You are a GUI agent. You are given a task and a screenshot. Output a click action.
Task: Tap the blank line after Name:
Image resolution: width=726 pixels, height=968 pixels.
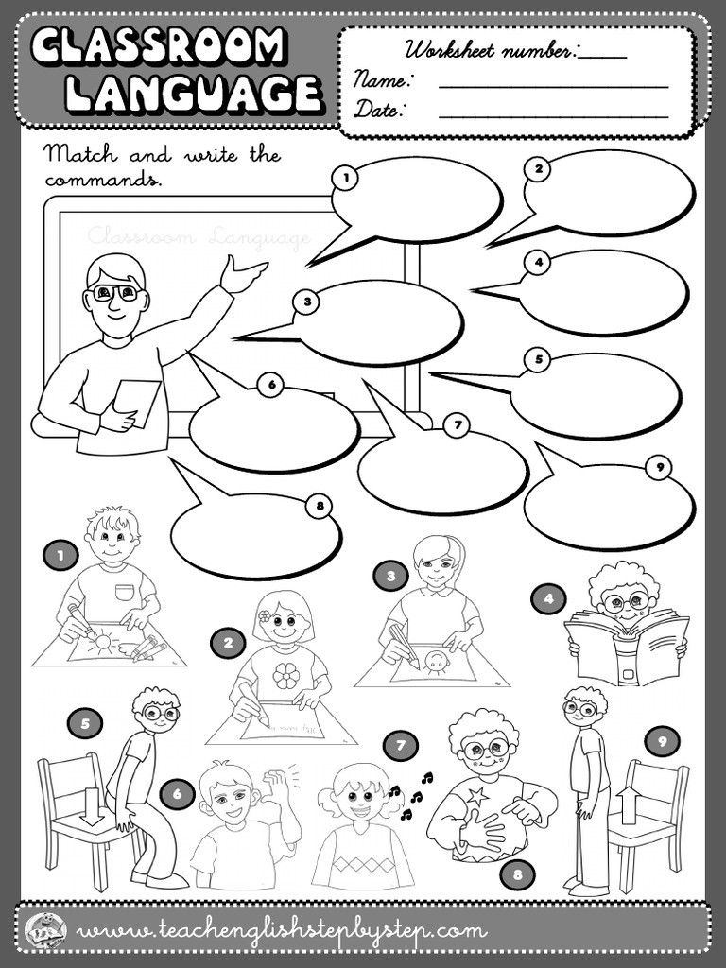coord(553,85)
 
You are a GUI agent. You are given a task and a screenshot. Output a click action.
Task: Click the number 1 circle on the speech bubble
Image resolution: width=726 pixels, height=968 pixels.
coord(346,176)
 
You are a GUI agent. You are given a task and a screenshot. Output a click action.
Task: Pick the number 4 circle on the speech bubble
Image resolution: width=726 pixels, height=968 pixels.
coord(536,263)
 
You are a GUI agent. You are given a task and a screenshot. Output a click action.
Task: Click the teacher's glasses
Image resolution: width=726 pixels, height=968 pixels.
coord(116,293)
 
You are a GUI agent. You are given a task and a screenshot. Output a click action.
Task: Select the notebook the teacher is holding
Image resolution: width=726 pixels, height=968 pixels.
coord(138,403)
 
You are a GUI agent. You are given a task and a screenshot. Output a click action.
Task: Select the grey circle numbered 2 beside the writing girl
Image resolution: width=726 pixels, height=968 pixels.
coord(228,645)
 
